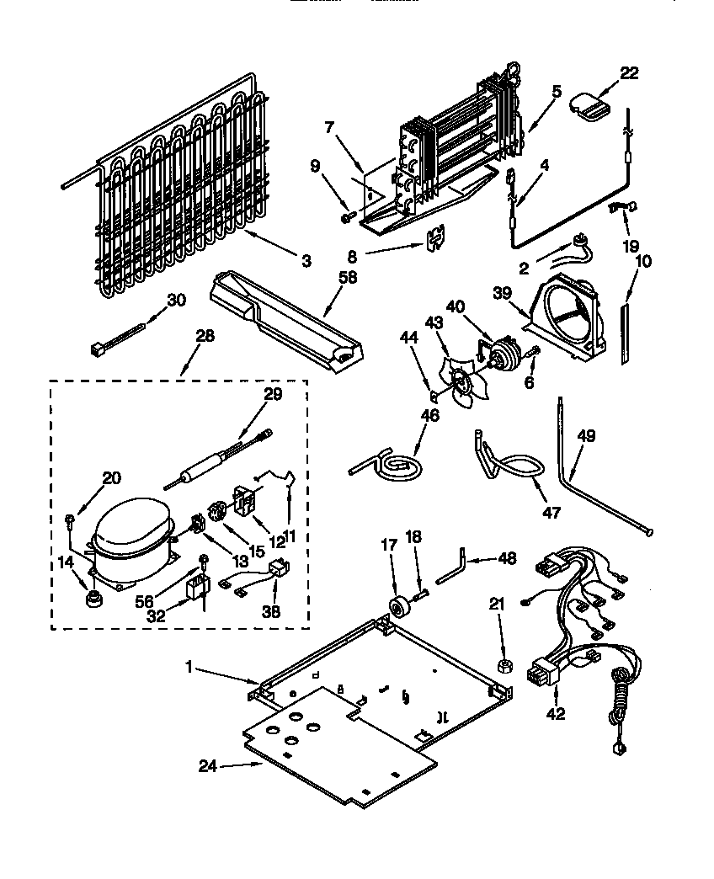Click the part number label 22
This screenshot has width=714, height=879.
[x=628, y=74]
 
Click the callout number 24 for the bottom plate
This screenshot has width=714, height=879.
[x=208, y=765]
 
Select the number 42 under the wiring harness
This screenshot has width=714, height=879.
[x=556, y=715]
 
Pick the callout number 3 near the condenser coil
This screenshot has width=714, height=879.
[x=305, y=262]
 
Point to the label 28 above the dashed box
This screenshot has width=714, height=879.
[x=204, y=336]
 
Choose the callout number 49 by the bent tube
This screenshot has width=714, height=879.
[x=586, y=435]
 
